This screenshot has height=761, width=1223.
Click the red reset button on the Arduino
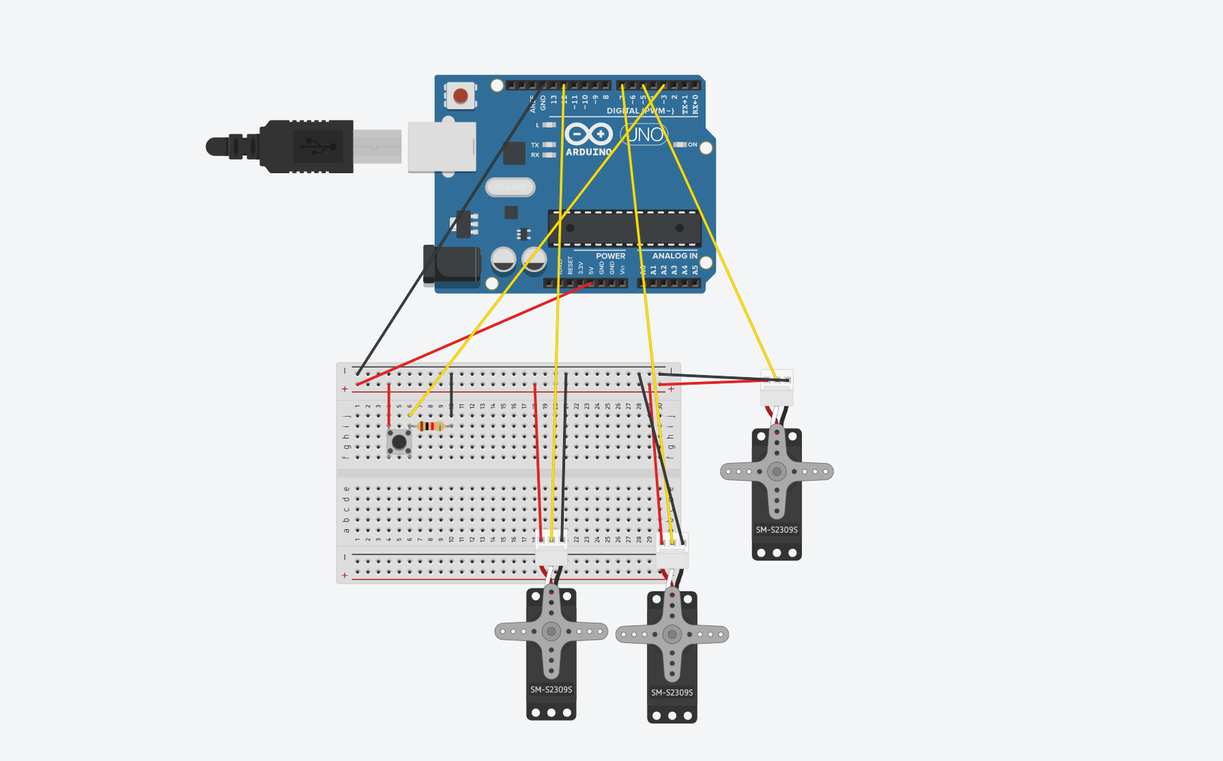click(x=460, y=96)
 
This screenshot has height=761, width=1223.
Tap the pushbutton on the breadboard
click(x=399, y=442)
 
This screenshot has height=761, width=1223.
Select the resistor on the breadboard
click(x=431, y=426)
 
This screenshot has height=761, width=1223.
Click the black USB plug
click(x=305, y=146)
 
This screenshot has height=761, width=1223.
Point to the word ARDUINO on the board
click(x=588, y=152)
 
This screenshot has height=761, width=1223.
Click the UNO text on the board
click(x=645, y=135)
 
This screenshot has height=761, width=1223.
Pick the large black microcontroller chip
click(x=625, y=228)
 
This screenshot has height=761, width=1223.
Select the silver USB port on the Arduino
click(x=442, y=146)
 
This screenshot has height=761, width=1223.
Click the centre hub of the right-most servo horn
click(x=777, y=471)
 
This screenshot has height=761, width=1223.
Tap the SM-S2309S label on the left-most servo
click(x=551, y=690)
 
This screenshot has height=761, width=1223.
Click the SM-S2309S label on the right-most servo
click(x=777, y=530)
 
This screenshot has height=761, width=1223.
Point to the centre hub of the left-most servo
click(x=551, y=632)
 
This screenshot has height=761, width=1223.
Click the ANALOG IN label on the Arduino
click(x=675, y=256)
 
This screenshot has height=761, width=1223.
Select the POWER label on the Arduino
click(x=610, y=256)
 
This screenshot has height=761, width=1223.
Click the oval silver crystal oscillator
click(x=510, y=187)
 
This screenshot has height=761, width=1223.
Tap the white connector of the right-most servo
click(x=777, y=388)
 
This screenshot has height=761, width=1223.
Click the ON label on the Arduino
click(x=693, y=145)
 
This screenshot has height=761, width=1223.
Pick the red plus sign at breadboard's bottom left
click(x=344, y=575)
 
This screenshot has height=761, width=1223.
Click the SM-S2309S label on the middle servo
click(x=672, y=693)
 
